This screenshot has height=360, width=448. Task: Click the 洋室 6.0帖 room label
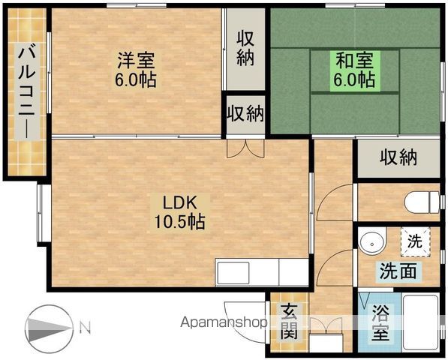(136, 69)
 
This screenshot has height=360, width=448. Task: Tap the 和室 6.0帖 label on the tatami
(354, 70)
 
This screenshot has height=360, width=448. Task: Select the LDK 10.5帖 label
(180, 212)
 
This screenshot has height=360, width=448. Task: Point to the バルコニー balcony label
(27, 91)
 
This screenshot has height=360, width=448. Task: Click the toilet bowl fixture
(422, 202)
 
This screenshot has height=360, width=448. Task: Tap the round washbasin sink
(372, 243)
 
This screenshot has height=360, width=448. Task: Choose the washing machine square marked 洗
(416, 241)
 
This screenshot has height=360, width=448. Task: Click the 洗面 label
(398, 271)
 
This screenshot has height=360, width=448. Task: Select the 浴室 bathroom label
(381, 322)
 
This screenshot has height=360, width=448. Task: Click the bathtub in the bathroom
(420, 323)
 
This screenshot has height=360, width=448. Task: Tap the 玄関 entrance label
(289, 322)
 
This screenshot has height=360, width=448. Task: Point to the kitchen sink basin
(233, 273)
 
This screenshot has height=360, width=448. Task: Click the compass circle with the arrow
(49, 329)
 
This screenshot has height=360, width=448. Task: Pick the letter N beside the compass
(85, 328)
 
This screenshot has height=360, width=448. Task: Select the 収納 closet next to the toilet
(398, 157)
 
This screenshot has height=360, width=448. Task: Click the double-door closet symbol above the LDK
(245, 148)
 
